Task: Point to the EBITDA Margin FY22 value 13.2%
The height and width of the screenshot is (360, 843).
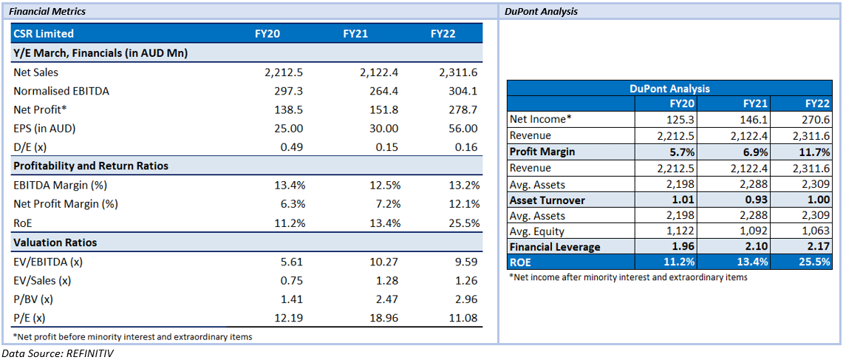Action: [463, 186]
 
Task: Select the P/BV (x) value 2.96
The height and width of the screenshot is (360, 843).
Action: [465, 299]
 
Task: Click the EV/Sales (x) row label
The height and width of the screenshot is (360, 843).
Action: [38, 281]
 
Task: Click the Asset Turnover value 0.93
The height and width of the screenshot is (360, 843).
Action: [759, 200]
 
